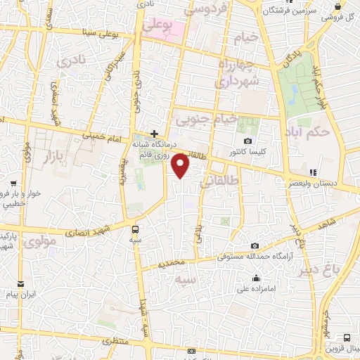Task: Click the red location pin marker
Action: point(181,166)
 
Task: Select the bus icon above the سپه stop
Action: point(136,229)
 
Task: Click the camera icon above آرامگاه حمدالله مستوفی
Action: point(254,245)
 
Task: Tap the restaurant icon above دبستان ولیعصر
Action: point(314,172)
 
